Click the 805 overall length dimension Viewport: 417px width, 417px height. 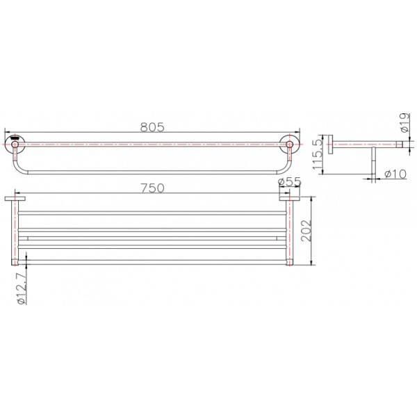[x=152, y=127]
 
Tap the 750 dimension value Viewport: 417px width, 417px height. [x=152, y=188]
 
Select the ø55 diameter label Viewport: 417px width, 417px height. [x=289, y=181]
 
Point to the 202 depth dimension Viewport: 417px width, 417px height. [x=306, y=231]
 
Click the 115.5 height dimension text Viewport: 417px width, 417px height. [x=318, y=154]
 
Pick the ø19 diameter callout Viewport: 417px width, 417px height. [x=404, y=122]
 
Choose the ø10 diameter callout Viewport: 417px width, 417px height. [x=395, y=174]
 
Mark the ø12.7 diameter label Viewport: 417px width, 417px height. [x=22, y=288]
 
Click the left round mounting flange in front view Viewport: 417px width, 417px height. [x=15, y=145]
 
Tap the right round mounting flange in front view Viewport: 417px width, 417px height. [x=289, y=145]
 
